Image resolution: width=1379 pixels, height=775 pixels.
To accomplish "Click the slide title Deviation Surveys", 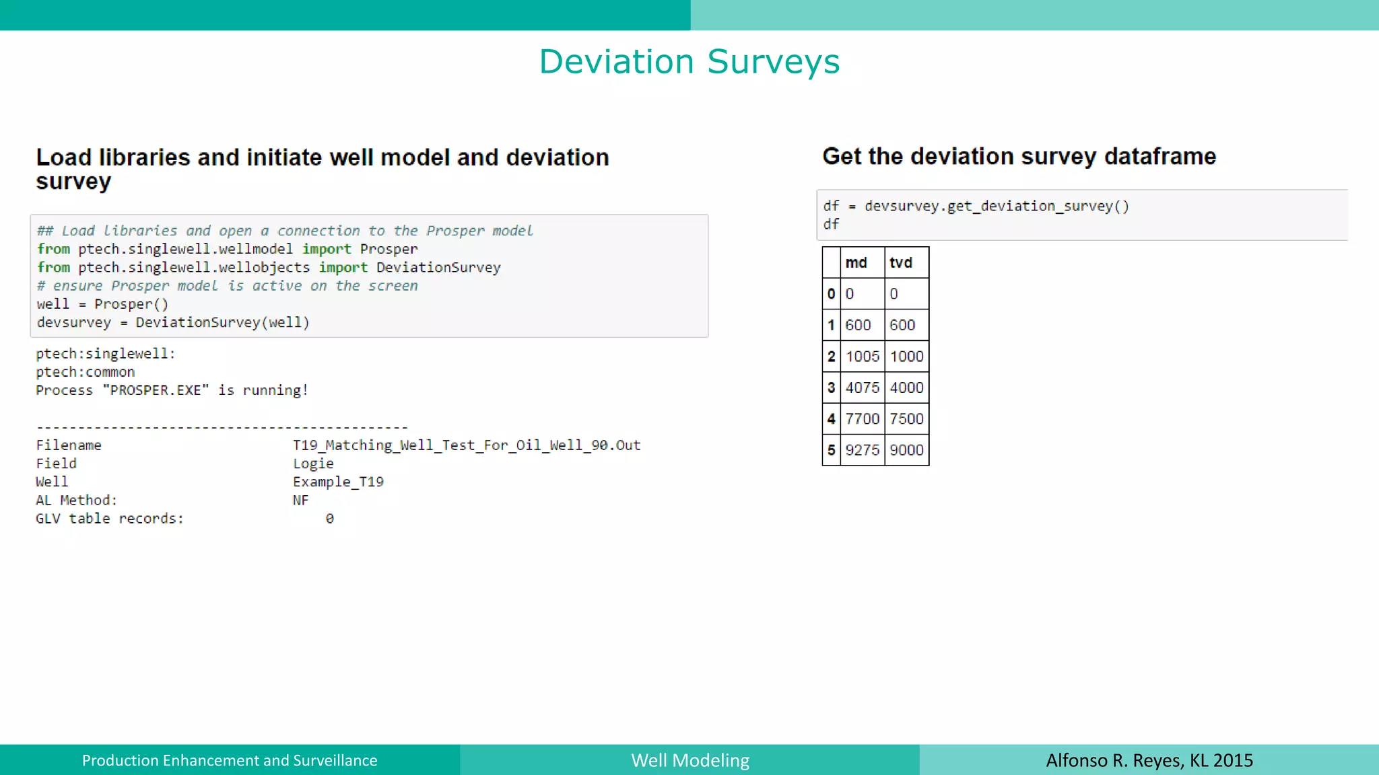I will (689, 62).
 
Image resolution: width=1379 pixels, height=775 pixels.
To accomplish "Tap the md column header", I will (856, 263).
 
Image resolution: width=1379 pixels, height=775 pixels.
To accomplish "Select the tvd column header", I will (900, 263).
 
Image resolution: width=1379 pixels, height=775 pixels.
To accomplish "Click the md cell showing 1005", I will (863, 357).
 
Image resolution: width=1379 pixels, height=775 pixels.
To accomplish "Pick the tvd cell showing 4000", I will (906, 388).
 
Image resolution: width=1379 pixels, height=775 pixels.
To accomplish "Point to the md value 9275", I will (863, 450).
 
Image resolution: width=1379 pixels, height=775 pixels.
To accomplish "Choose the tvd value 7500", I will (906, 419).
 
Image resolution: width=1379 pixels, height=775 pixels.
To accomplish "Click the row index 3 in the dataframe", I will (831, 388).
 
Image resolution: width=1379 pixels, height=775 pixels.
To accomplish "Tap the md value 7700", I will (863, 419).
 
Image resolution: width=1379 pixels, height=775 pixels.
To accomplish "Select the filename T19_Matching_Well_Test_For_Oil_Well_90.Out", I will (467, 445).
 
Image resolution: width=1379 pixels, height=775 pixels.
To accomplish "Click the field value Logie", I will (313, 464).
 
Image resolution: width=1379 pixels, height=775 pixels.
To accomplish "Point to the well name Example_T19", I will (338, 482).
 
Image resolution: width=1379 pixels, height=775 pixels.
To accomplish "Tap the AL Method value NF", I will (300, 501).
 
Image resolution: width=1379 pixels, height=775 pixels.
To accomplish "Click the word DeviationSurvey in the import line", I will (438, 268).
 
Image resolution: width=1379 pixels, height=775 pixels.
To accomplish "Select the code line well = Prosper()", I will (102, 304).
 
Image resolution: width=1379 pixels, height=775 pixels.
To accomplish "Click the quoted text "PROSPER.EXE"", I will (156, 390).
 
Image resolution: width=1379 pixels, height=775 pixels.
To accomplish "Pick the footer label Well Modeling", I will (690, 760).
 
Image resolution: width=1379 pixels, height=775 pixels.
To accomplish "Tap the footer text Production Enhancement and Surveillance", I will (230, 760).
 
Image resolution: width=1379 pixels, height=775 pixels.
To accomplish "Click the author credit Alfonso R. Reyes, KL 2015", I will (1149, 760).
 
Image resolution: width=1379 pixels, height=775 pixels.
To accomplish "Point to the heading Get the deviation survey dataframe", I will (1019, 157).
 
